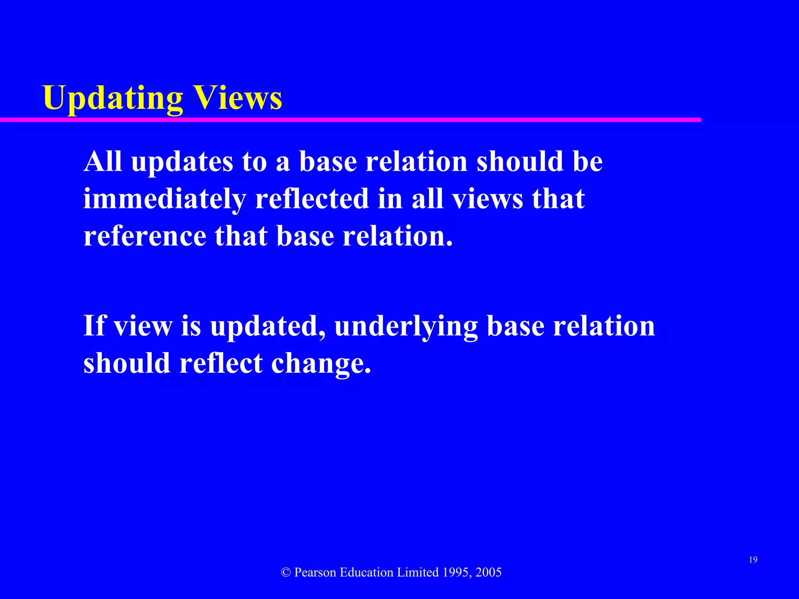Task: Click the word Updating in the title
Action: (113, 98)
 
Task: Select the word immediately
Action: (164, 199)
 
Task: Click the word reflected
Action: (312, 198)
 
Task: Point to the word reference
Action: (145, 236)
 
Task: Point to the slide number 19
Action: (753, 560)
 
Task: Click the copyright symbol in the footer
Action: (286, 572)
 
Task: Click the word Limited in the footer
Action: (418, 572)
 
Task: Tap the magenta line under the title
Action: (351, 120)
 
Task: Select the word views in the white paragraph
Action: (487, 199)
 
